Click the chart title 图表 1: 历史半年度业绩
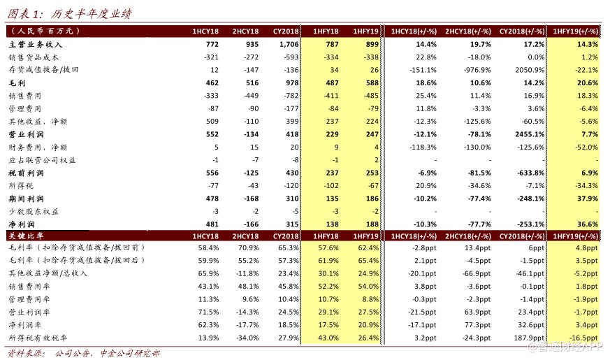pyautogui.click(x=70, y=14)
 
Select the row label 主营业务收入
pyautogui.click(x=36, y=44)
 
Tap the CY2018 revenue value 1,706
pyautogui.click(x=289, y=44)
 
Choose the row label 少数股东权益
pyautogui.click(x=34, y=211)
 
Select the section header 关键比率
pyautogui.click(x=26, y=236)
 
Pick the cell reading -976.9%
pyautogui.click(x=477, y=70)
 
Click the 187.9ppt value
pyautogui.click(x=529, y=338)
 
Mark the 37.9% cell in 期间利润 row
pyautogui.click(x=588, y=199)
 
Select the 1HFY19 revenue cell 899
pyautogui.click(x=372, y=44)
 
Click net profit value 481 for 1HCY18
pyautogui.click(x=212, y=224)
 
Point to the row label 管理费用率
pyautogui.click(x=29, y=299)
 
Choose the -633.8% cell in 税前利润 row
pyautogui.click(x=531, y=173)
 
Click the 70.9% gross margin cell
pyautogui.click(x=248, y=248)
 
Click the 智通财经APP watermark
pyautogui.click(x=565, y=347)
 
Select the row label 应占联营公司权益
pyautogui.click(x=42, y=160)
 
